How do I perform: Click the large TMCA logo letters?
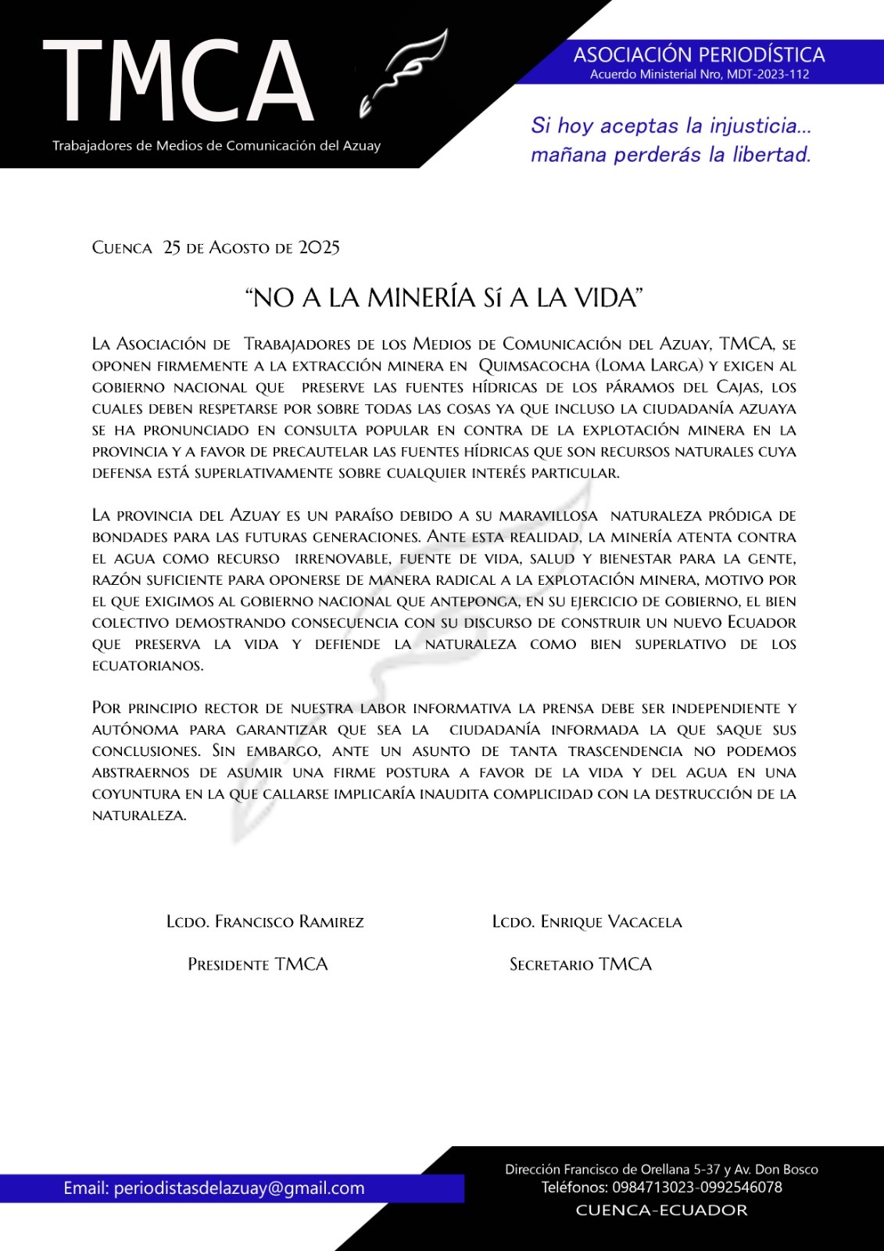(x=178, y=82)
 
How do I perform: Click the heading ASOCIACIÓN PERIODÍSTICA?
(x=699, y=55)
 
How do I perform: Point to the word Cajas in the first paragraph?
(x=739, y=387)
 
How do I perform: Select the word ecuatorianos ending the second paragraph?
(x=148, y=666)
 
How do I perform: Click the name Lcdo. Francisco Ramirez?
(x=265, y=922)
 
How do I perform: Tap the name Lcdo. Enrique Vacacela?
(x=587, y=922)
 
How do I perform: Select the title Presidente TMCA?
(x=257, y=965)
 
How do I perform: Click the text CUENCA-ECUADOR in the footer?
(x=661, y=1210)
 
